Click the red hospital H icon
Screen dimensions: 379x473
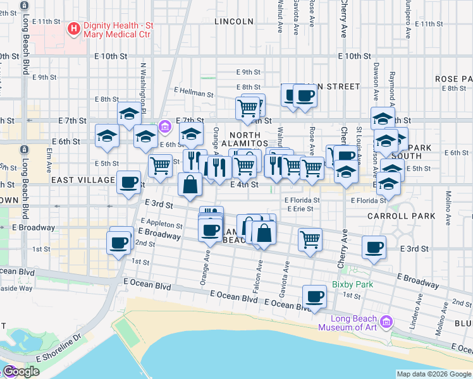pyautogui.click(x=74, y=28)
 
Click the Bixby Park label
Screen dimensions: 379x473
pyautogui.click(x=352, y=284)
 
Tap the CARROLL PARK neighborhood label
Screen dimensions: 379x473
pyautogui.click(x=402, y=216)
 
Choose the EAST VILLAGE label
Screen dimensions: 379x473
pyautogui.click(x=83, y=181)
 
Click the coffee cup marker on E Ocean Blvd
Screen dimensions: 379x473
pyautogui.click(x=314, y=296)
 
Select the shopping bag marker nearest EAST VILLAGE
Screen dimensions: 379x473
pyautogui.click(x=190, y=184)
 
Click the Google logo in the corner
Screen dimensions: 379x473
pyautogui.click(x=21, y=372)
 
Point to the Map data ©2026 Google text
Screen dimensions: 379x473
pyautogui.click(x=433, y=374)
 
